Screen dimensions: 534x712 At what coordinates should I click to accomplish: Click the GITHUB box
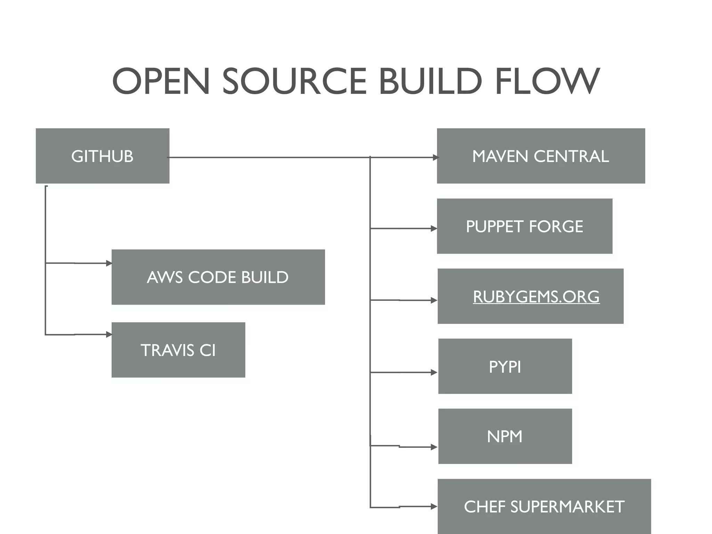pos(102,156)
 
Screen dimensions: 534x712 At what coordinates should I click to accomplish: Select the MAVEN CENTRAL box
pos(541,156)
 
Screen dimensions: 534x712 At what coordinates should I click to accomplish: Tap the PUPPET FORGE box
pos(524,226)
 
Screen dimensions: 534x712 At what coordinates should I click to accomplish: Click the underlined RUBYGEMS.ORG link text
pos(536,297)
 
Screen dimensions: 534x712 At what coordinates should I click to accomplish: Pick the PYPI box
pos(505,366)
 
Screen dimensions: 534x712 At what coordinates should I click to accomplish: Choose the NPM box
pos(505,436)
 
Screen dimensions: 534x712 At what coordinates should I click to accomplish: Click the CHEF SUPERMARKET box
pos(544,506)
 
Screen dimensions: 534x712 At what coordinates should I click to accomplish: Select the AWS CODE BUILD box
pos(218,277)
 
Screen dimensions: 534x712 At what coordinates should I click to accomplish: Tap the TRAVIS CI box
pos(178,350)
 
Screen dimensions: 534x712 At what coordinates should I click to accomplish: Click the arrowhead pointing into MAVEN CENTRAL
pos(436,157)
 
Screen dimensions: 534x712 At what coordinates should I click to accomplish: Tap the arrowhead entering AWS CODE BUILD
pos(109,263)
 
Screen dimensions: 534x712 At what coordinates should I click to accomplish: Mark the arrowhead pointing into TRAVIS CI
pos(109,334)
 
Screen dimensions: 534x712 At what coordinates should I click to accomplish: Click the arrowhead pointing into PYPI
pos(434,372)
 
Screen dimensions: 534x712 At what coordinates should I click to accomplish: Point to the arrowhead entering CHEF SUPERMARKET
pos(434,507)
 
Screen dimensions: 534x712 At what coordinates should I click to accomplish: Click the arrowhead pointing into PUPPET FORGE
pos(434,228)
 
